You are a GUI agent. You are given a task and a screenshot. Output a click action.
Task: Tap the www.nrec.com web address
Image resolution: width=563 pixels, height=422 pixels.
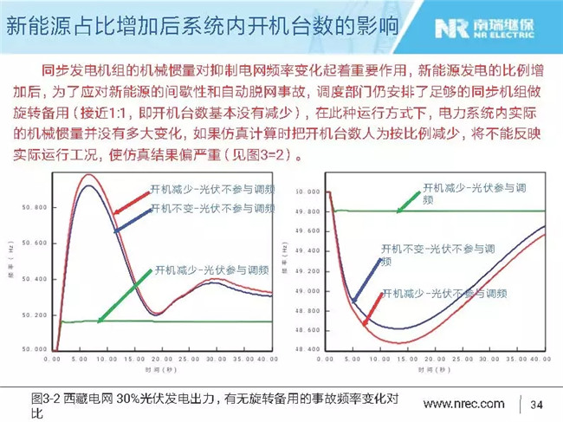click(x=463, y=403)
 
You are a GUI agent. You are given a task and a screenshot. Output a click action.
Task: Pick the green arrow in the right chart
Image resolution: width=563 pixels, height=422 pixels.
click(x=408, y=198)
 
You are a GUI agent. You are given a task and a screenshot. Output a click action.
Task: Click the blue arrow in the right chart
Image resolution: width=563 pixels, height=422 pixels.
click(x=365, y=276)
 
